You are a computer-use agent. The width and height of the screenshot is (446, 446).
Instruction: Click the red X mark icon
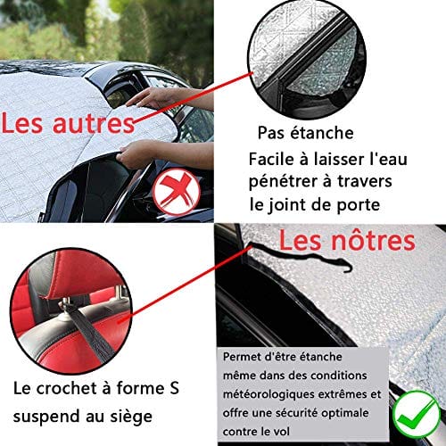click(x=177, y=192)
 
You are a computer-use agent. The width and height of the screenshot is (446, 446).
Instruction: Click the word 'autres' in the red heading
click(x=94, y=124)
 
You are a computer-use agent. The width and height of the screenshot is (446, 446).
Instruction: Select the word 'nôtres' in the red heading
click(x=373, y=240)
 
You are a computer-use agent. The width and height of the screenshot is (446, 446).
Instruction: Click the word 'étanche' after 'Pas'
click(x=322, y=132)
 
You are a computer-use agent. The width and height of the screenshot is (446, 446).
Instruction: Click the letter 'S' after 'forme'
click(x=174, y=388)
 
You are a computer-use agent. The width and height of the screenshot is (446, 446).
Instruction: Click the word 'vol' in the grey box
click(x=281, y=432)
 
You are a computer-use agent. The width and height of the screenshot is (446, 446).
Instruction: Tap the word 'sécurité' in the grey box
click(x=297, y=413)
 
